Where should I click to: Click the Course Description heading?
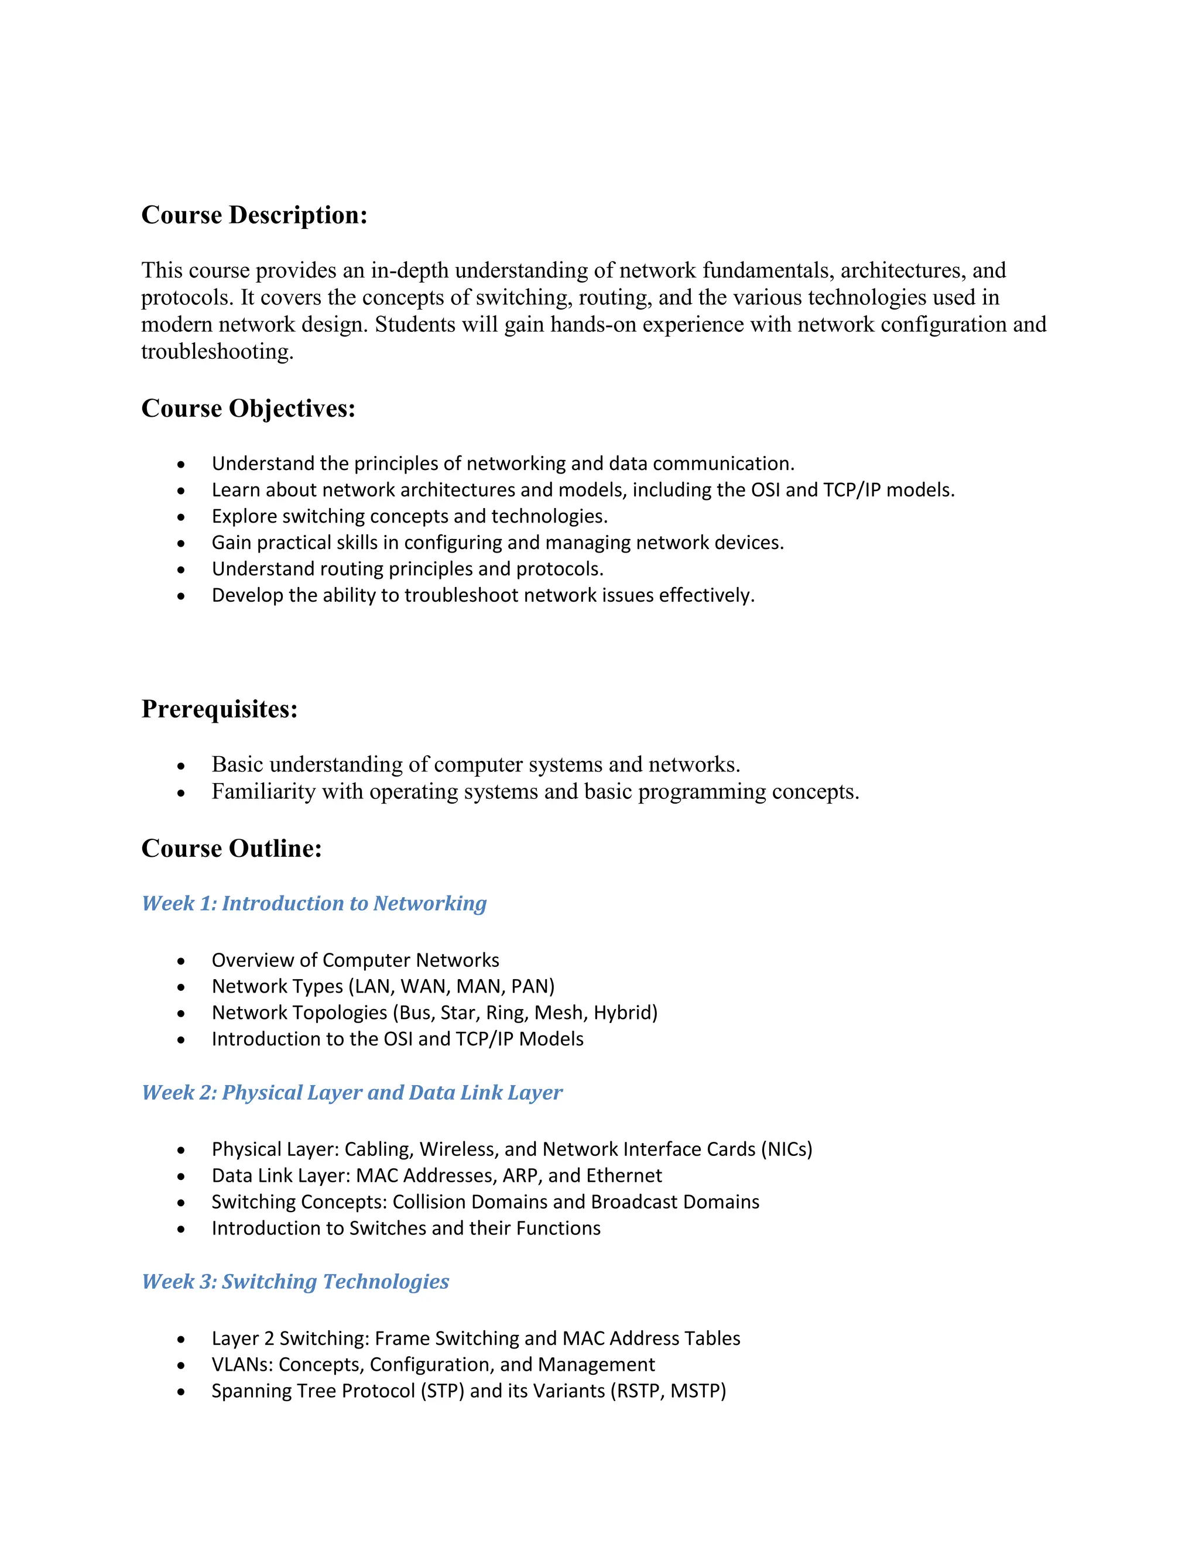point(254,215)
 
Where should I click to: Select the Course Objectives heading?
point(248,409)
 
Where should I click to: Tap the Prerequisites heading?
point(220,709)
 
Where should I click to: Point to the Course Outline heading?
point(232,849)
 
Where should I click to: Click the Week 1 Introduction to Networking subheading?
point(314,903)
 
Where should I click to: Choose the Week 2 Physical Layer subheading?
point(352,1092)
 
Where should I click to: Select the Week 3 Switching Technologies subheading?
point(295,1281)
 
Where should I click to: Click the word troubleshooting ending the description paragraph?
point(216,352)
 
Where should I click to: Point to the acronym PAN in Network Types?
point(532,986)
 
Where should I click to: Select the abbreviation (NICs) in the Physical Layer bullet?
point(786,1149)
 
